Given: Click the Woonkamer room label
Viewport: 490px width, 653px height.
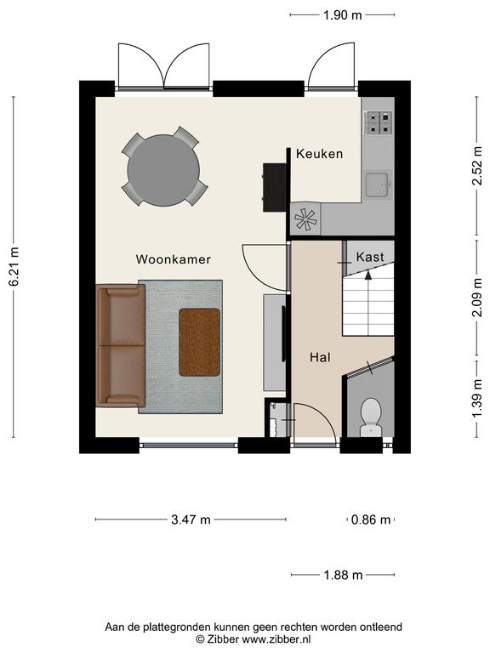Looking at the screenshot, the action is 173,259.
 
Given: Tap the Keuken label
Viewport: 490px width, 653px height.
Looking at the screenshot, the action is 320,154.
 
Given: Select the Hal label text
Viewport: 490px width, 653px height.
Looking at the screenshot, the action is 320,357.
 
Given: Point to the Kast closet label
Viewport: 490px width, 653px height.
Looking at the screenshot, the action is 369,257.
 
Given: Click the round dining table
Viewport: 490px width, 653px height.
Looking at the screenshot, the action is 163,170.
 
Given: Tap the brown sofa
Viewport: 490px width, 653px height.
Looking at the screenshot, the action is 121,345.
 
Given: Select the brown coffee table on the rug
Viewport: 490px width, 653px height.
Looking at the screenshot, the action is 200,343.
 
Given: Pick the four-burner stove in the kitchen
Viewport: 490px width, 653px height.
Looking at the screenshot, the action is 379,122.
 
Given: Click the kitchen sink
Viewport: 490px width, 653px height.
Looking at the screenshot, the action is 378,184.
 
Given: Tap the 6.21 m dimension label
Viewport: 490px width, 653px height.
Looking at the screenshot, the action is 14,266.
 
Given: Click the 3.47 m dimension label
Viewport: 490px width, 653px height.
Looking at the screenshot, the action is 191,520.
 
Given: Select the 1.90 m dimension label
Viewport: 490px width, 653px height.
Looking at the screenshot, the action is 343,15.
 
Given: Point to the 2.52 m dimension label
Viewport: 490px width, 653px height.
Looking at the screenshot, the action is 477,165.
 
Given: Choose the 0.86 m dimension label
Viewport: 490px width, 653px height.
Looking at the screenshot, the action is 371,520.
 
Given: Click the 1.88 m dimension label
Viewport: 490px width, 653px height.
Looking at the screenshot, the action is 343,575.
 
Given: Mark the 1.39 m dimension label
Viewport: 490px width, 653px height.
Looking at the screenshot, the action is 477,400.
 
